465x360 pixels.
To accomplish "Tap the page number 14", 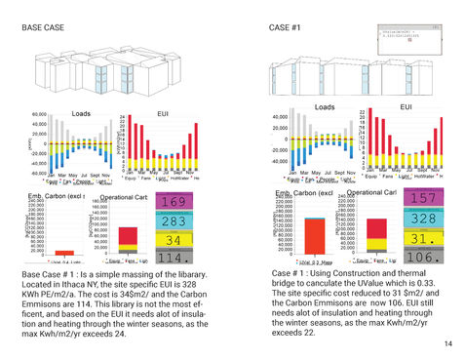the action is pyautogui.click(x=446, y=344).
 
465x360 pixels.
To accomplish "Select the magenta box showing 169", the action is pyautogui.click(x=173, y=202).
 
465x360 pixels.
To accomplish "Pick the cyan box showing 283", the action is pyautogui.click(x=173, y=221).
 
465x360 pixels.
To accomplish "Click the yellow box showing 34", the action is pyautogui.click(x=173, y=240).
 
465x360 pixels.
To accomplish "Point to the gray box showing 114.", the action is pyautogui.click(x=173, y=258).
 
